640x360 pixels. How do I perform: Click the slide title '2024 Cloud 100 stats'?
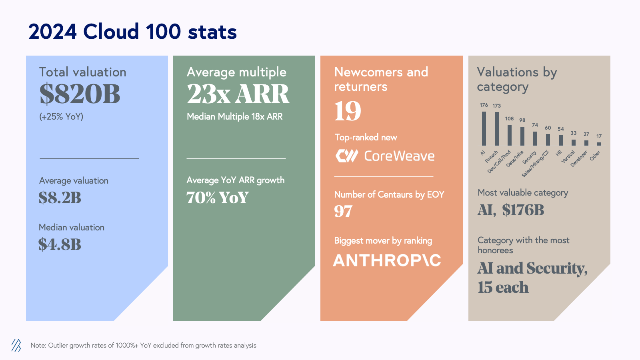click(x=132, y=32)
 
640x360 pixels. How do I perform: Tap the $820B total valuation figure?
click(x=80, y=94)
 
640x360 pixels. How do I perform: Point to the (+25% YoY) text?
click(x=61, y=117)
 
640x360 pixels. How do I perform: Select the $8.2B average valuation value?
click(x=60, y=198)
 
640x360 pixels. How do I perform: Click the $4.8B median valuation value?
click(x=60, y=244)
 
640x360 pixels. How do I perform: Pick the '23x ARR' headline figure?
click(x=238, y=94)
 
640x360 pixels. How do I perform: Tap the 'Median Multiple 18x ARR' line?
click(x=234, y=117)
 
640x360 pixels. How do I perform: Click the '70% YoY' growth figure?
click(x=218, y=198)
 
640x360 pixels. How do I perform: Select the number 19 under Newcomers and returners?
click(x=348, y=111)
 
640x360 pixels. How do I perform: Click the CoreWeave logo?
click(x=385, y=156)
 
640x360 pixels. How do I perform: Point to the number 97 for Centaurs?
click(x=343, y=211)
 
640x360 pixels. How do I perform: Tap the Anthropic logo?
click(x=387, y=260)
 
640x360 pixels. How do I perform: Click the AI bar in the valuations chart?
click(x=484, y=128)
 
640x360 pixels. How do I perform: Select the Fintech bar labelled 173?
click(x=497, y=129)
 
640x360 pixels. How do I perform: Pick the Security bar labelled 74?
click(x=535, y=138)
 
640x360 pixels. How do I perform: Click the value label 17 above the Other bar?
click(x=599, y=136)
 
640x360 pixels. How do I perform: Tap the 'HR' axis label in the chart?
click(x=559, y=153)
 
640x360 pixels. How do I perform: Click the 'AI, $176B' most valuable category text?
click(x=511, y=210)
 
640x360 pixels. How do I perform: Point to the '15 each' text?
click(x=503, y=287)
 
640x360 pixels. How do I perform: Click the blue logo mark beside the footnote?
click(x=16, y=345)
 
